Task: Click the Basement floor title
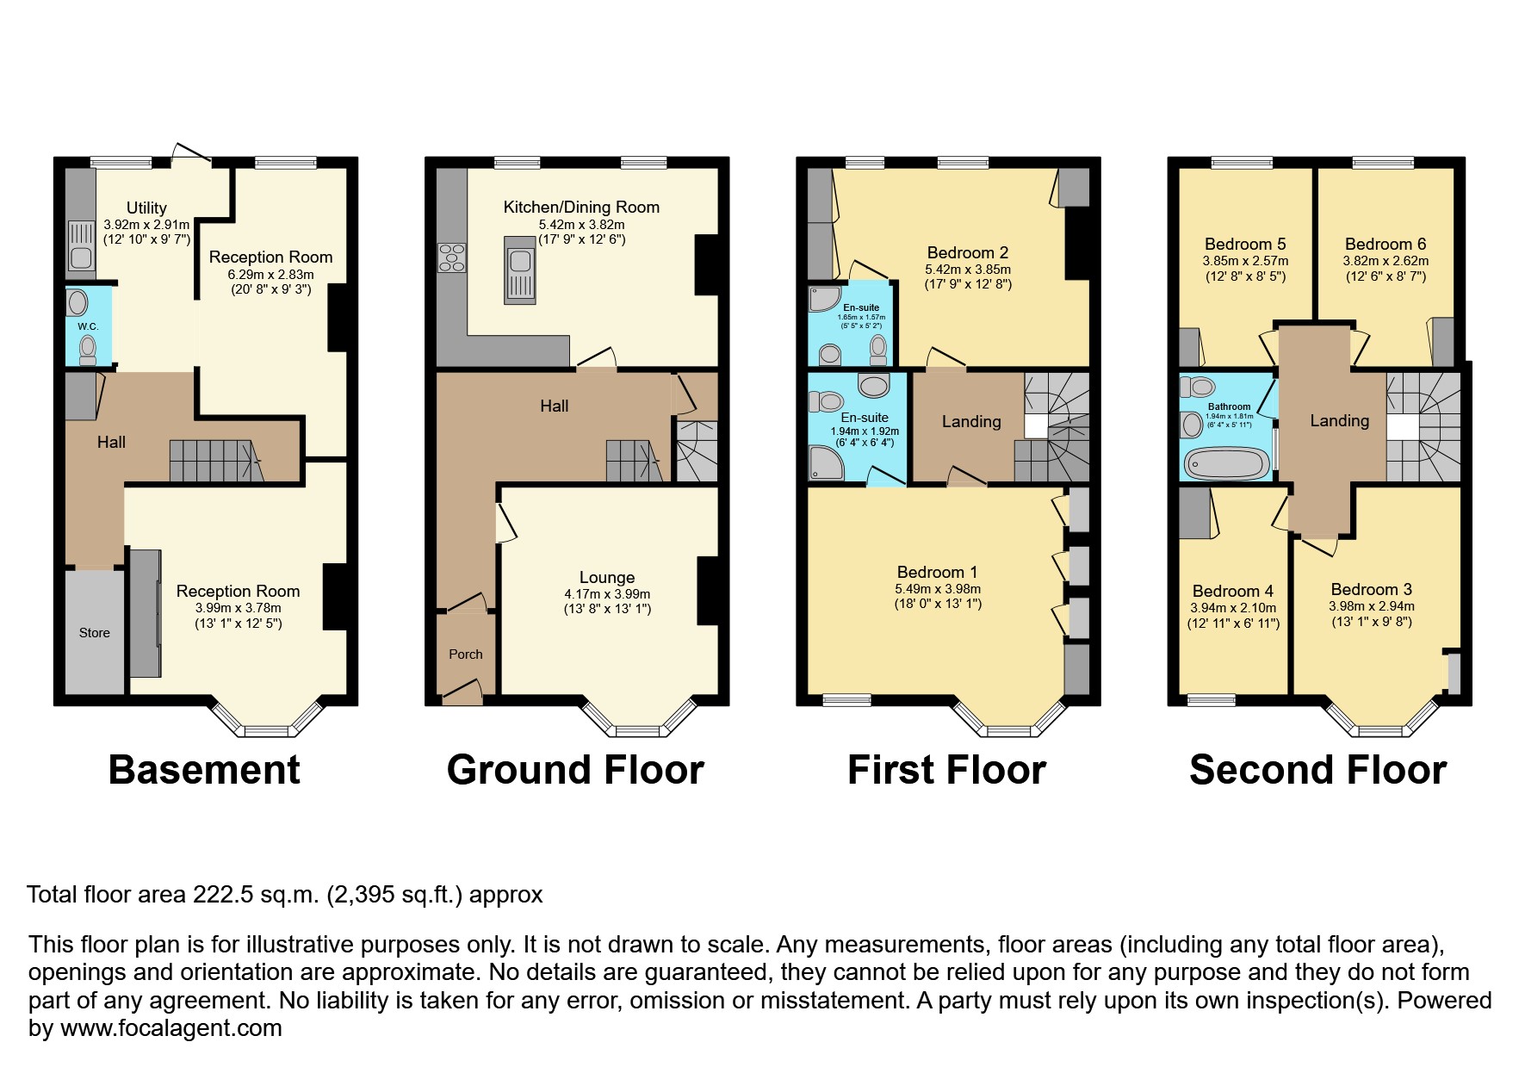(204, 769)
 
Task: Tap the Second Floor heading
(1317, 769)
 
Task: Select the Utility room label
(146, 208)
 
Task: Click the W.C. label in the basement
(88, 326)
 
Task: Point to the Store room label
(95, 632)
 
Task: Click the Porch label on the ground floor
(465, 654)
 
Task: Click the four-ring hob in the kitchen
(451, 257)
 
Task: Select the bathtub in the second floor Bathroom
(1227, 463)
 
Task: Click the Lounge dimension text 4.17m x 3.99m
(607, 594)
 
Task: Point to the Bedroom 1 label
(937, 572)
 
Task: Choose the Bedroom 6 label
(1385, 244)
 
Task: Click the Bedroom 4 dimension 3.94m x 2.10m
(1233, 608)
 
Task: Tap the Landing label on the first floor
(971, 421)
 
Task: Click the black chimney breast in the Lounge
(707, 591)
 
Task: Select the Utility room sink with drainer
(81, 245)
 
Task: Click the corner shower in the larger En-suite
(826, 463)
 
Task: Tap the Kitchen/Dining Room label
(581, 207)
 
